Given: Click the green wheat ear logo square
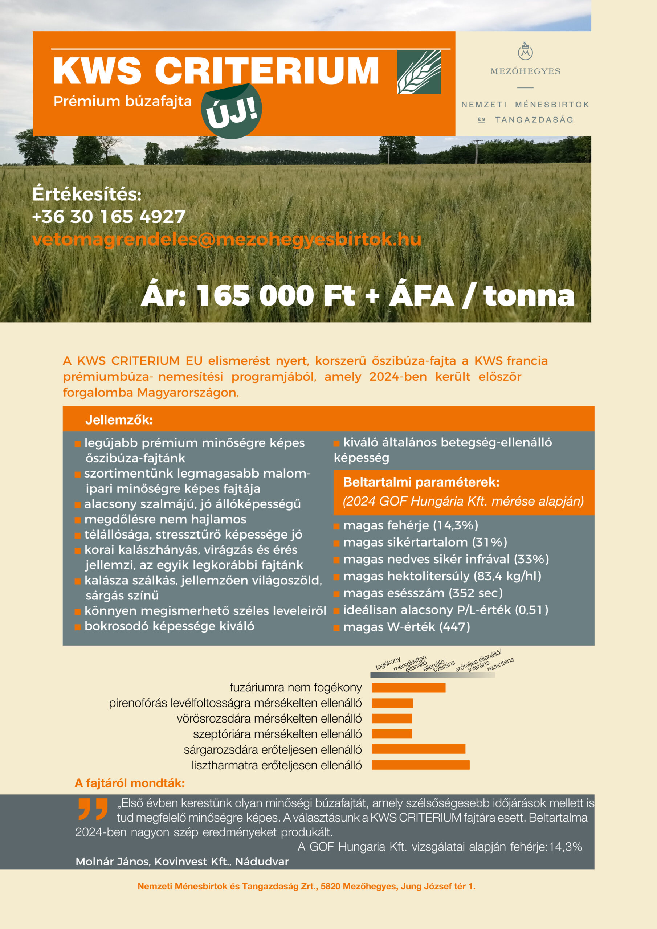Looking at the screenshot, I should [x=419, y=72].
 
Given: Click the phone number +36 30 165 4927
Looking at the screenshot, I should [x=109, y=217].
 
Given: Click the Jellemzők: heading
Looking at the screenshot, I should [x=119, y=420].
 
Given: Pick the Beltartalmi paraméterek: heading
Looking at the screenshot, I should [x=421, y=482].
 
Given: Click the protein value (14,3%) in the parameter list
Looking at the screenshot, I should [x=456, y=525].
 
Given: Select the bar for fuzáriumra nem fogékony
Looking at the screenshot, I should [x=408, y=687].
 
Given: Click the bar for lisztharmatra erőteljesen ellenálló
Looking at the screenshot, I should [x=421, y=765].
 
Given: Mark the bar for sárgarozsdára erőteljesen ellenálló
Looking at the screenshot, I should [x=419, y=749].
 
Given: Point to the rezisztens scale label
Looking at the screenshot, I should [x=501, y=664].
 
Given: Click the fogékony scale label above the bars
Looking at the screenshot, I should [x=387, y=664].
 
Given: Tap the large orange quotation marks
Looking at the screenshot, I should [x=93, y=809].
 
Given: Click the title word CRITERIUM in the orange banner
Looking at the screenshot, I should [x=267, y=70].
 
